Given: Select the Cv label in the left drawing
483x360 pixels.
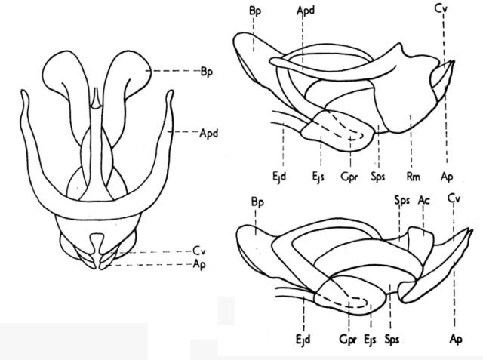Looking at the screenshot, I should click(x=199, y=251).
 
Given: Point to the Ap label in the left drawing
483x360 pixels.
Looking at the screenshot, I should click(x=199, y=263).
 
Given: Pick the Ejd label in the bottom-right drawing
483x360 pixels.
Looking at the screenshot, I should click(x=303, y=338).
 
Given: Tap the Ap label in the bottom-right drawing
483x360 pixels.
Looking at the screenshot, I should click(x=454, y=338).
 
